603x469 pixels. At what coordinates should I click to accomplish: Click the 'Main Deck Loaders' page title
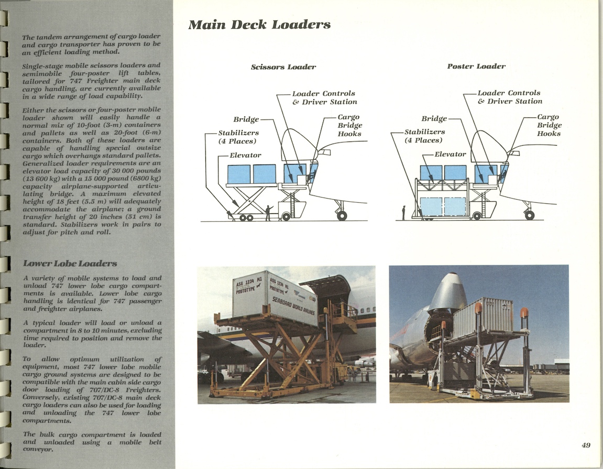[259, 25]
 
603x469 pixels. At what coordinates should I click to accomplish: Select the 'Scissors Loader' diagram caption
[283, 67]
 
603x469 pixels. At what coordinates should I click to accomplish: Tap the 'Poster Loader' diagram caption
[476, 67]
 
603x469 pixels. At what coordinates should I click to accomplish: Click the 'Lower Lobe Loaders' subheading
[70, 263]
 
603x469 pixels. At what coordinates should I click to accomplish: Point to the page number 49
[586, 445]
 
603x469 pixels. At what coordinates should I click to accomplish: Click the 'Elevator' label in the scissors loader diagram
[245, 155]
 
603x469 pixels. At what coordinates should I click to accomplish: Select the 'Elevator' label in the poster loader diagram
[450, 155]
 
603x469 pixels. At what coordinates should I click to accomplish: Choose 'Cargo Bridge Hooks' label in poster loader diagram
[549, 125]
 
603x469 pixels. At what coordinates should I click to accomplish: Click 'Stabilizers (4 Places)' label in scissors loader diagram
[237, 137]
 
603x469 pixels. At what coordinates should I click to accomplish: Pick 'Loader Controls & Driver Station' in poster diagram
[509, 97]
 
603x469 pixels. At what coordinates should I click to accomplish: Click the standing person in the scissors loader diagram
[268, 212]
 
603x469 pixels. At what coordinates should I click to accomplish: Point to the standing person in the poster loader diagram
[403, 212]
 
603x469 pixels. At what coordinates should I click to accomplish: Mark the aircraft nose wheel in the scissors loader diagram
[342, 215]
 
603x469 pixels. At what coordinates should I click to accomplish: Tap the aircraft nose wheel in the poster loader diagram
[529, 214]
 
